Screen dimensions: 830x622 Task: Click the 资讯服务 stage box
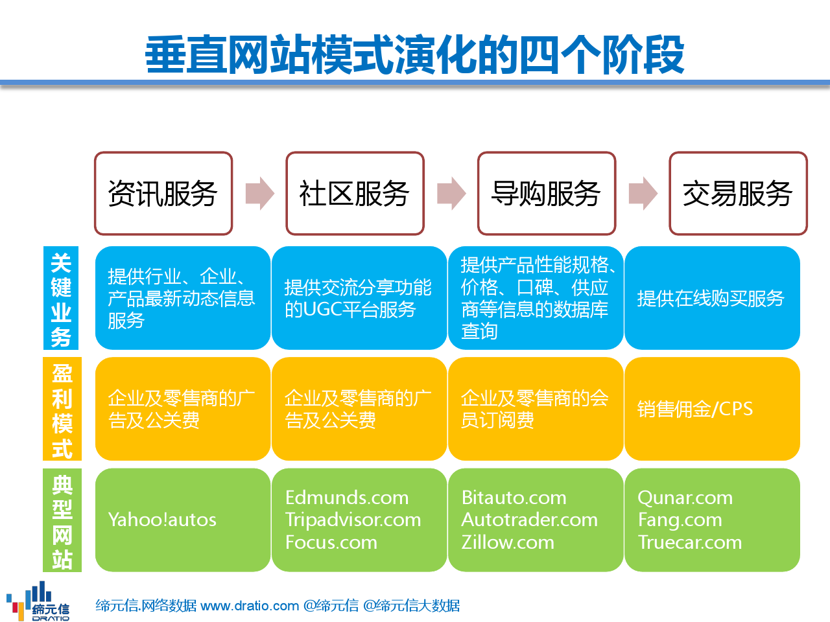point(163,193)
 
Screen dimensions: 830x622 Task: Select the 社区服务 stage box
point(355,193)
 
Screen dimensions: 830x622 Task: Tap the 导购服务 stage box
point(547,193)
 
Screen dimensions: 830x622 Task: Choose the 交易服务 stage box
point(738,193)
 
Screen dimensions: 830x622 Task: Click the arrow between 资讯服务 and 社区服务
point(260,193)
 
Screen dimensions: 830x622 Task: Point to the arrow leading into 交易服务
point(643,193)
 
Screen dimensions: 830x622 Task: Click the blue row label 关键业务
point(61,298)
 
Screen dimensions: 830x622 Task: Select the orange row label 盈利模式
point(62,409)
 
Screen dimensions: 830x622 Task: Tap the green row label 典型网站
point(62,520)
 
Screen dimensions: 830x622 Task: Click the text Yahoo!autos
point(162,520)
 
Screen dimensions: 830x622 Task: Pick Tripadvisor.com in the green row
point(353,520)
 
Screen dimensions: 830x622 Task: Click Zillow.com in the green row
point(508,542)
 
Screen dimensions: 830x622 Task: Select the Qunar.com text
point(685,498)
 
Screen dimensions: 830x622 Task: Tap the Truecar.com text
point(690,542)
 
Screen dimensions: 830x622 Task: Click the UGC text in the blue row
point(322,309)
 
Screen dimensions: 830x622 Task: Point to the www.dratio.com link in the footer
point(250,606)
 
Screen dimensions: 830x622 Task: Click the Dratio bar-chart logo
point(38,601)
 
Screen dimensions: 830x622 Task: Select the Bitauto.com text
point(514,498)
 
